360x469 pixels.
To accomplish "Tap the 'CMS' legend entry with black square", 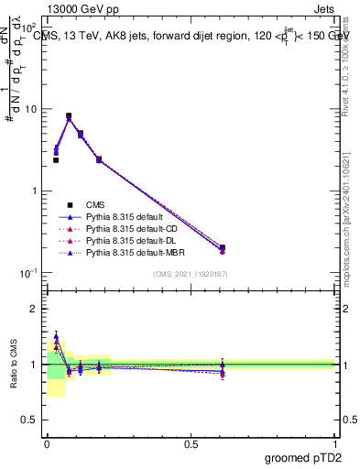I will pyautogui.click(x=94, y=204).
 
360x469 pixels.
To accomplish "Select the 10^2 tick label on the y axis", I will pyautogui.click(x=29, y=28).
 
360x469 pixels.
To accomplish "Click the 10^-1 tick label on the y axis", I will pyautogui.click(x=28, y=274).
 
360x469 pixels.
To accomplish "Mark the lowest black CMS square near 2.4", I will pyautogui.click(x=56, y=160).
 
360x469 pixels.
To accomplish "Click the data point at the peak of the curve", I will pyautogui.click(x=69, y=116).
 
